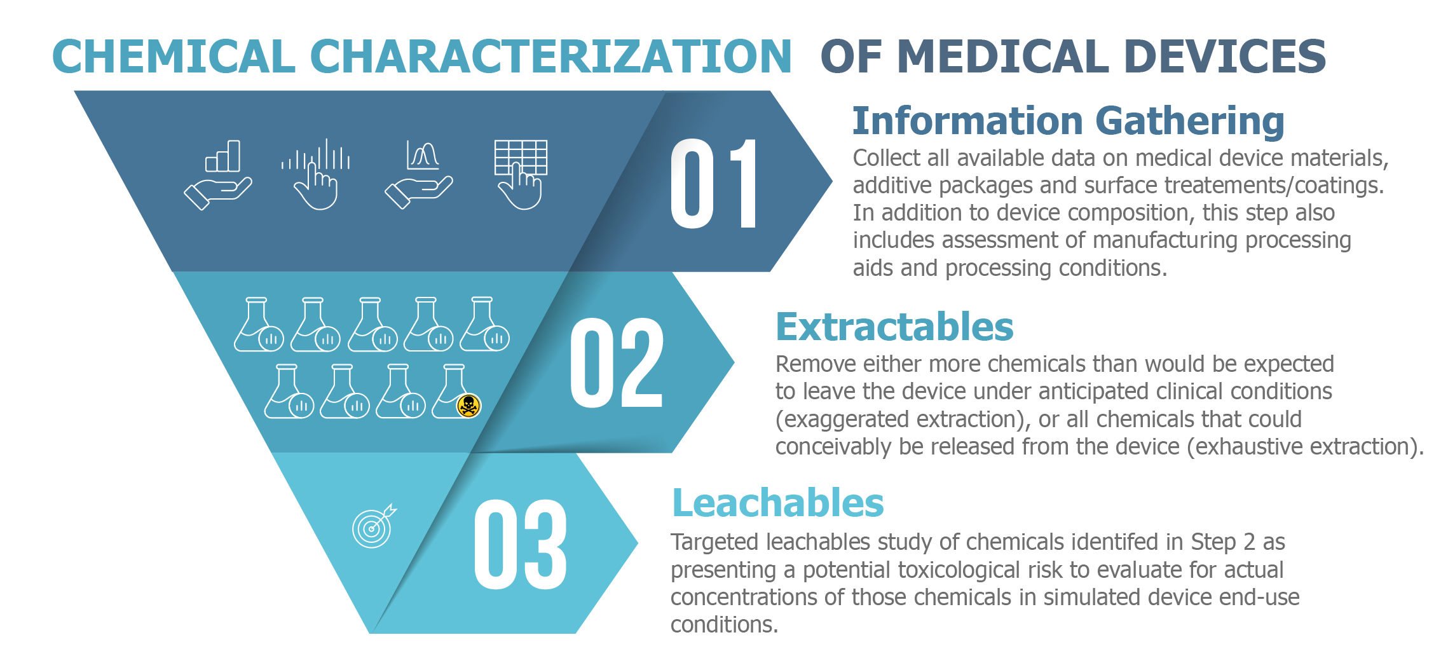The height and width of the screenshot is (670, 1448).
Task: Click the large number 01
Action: point(714,183)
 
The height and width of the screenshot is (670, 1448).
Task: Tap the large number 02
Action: point(617,362)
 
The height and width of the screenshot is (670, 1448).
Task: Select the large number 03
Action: point(521,544)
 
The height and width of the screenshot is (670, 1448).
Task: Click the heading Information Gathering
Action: point(1068,121)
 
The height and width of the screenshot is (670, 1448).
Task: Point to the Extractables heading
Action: point(894,327)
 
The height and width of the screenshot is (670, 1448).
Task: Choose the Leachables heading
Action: point(778,503)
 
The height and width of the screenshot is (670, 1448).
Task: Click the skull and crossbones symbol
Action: point(468,406)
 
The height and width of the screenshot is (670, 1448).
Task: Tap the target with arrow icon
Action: point(374,526)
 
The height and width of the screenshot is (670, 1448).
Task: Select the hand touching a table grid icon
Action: point(521,174)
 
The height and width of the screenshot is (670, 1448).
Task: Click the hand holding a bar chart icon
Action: point(218,175)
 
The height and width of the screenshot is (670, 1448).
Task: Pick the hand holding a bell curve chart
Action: point(419,175)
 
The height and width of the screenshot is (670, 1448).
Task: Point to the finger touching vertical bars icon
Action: point(316,174)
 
